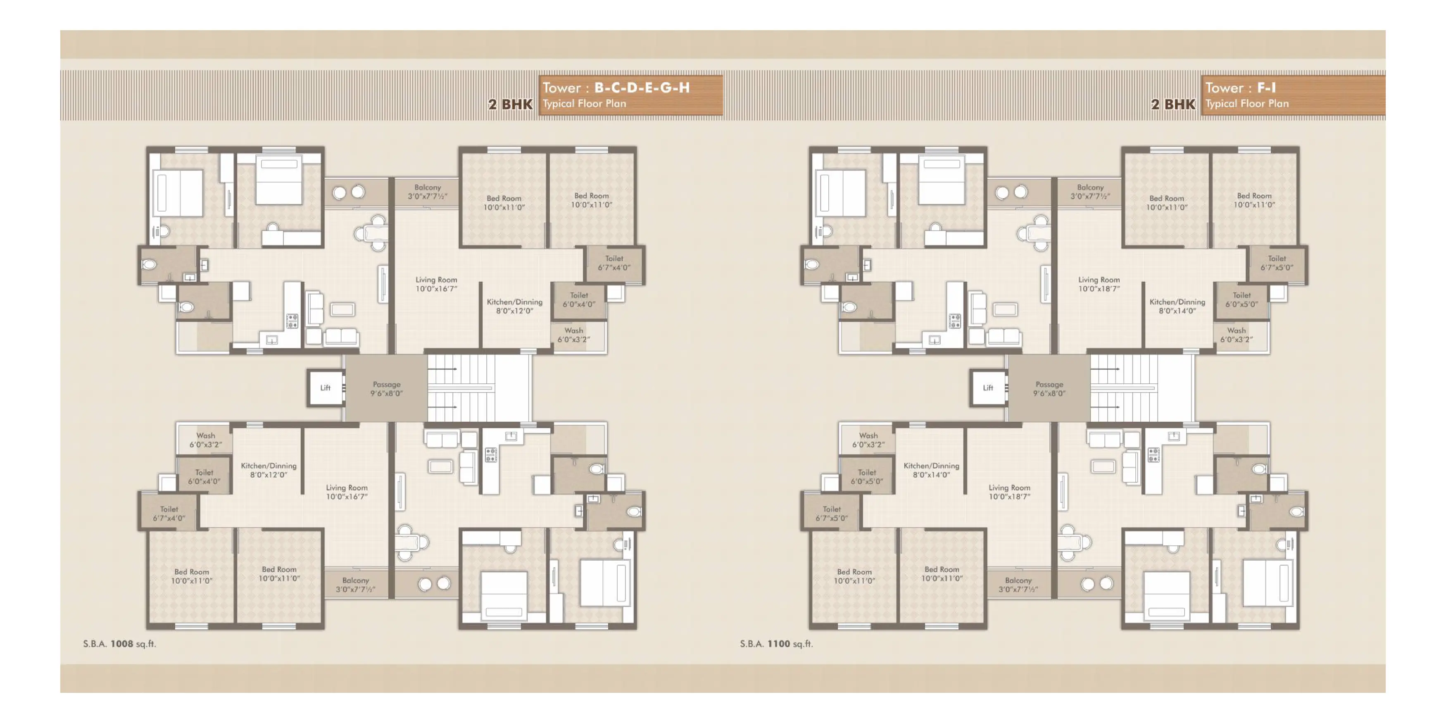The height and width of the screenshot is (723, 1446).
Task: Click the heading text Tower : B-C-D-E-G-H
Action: [616, 88]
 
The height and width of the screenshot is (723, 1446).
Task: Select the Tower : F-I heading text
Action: [1241, 88]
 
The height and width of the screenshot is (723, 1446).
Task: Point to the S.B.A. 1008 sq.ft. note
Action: [119, 644]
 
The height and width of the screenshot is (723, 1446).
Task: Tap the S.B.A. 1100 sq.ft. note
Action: [776, 644]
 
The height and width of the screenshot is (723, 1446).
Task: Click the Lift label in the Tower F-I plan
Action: [988, 388]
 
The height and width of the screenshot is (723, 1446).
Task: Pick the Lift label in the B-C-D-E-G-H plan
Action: [326, 388]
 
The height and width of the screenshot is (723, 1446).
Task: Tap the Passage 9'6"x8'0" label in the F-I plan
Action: [1049, 388]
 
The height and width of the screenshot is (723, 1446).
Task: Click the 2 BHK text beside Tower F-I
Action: [1173, 105]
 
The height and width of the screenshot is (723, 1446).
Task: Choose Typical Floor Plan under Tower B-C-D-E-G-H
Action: [584, 104]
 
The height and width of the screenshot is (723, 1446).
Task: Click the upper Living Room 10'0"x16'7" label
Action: [436, 284]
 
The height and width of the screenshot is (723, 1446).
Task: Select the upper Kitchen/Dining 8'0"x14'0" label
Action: [1177, 306]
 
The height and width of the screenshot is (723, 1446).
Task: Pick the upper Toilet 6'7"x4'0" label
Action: [614, 263]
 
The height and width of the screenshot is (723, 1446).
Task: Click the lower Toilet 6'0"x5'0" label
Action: [867, 477]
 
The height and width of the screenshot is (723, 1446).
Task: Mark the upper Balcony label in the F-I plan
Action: [1090, 191]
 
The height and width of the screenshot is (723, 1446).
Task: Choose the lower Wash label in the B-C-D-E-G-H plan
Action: [205, 440]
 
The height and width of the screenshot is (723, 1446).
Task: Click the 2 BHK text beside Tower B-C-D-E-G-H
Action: [510, 105]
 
